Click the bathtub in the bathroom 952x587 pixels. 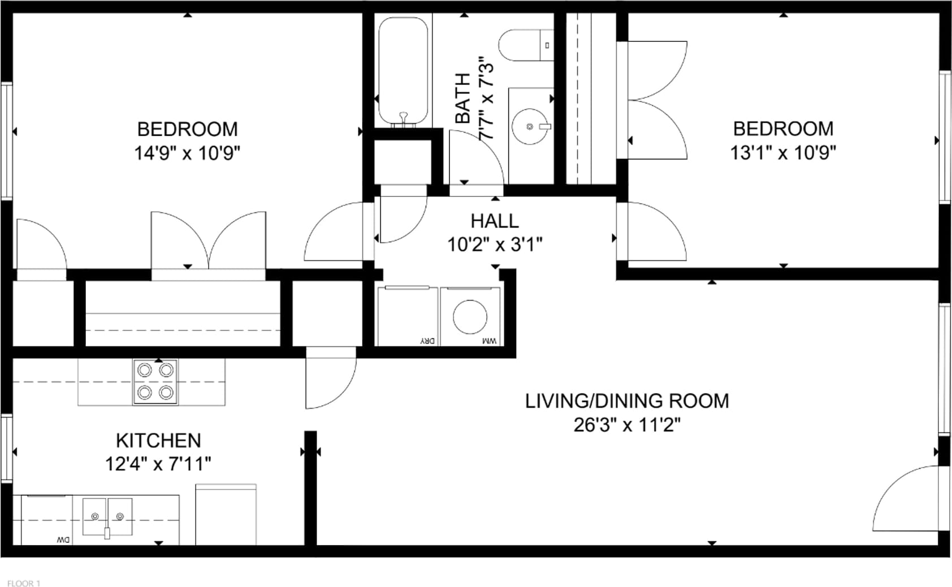pos(403,71)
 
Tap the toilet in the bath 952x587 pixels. pos(526,45)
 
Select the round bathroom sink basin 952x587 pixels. pos(530,126)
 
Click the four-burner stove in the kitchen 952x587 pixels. pos(155,382)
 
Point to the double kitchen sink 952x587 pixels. pos(107,517)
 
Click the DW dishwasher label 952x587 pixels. pos(63,540)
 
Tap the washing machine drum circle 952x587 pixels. pos(470,316)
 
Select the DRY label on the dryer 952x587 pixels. pos(427,341)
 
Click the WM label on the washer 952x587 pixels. pos(490,341)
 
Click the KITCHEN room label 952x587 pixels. pos(158,440)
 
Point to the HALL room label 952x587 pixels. pos(495,221)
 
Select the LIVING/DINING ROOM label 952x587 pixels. pos(627,401)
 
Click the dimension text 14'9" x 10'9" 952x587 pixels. pos(188,153)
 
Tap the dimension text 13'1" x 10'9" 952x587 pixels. pos(784,152)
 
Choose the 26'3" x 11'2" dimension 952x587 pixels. pos(627,425)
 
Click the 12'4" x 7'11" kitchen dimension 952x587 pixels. pos(158,464)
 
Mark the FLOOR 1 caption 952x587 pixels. pos(24,583)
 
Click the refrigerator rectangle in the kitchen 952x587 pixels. pos(226,514)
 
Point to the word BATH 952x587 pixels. pos(462,98)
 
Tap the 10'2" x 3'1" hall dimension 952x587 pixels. pos(495,245)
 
